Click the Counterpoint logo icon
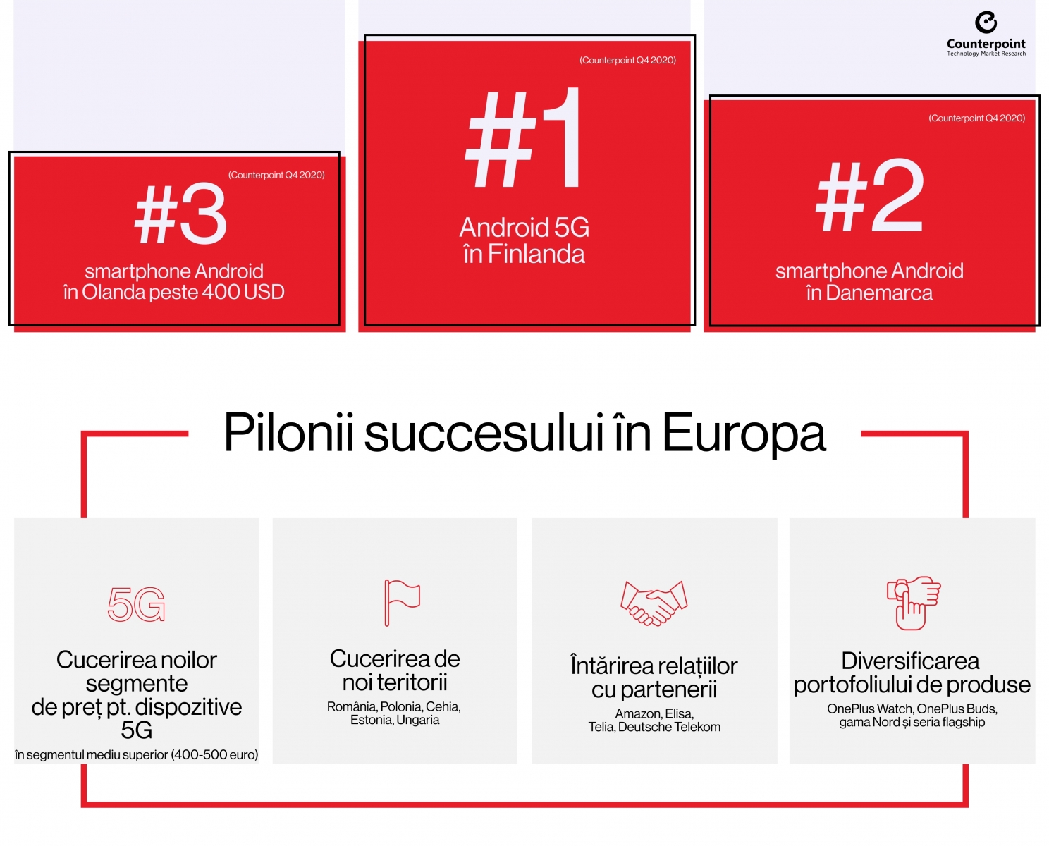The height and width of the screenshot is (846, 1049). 986,23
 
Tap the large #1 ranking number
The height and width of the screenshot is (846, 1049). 524,138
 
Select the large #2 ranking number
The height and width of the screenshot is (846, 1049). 870,195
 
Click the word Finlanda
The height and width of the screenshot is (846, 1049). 536,254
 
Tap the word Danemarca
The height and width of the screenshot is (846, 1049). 879,293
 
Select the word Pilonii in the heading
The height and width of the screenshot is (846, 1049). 288,432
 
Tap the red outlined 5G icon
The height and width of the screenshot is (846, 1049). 137,604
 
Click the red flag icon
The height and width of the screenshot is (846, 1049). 402,603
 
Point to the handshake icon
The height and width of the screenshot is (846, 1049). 654,603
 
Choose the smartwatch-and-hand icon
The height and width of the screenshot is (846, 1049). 914,603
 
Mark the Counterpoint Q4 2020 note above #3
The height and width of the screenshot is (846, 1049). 276,175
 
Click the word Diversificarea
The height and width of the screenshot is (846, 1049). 910,661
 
